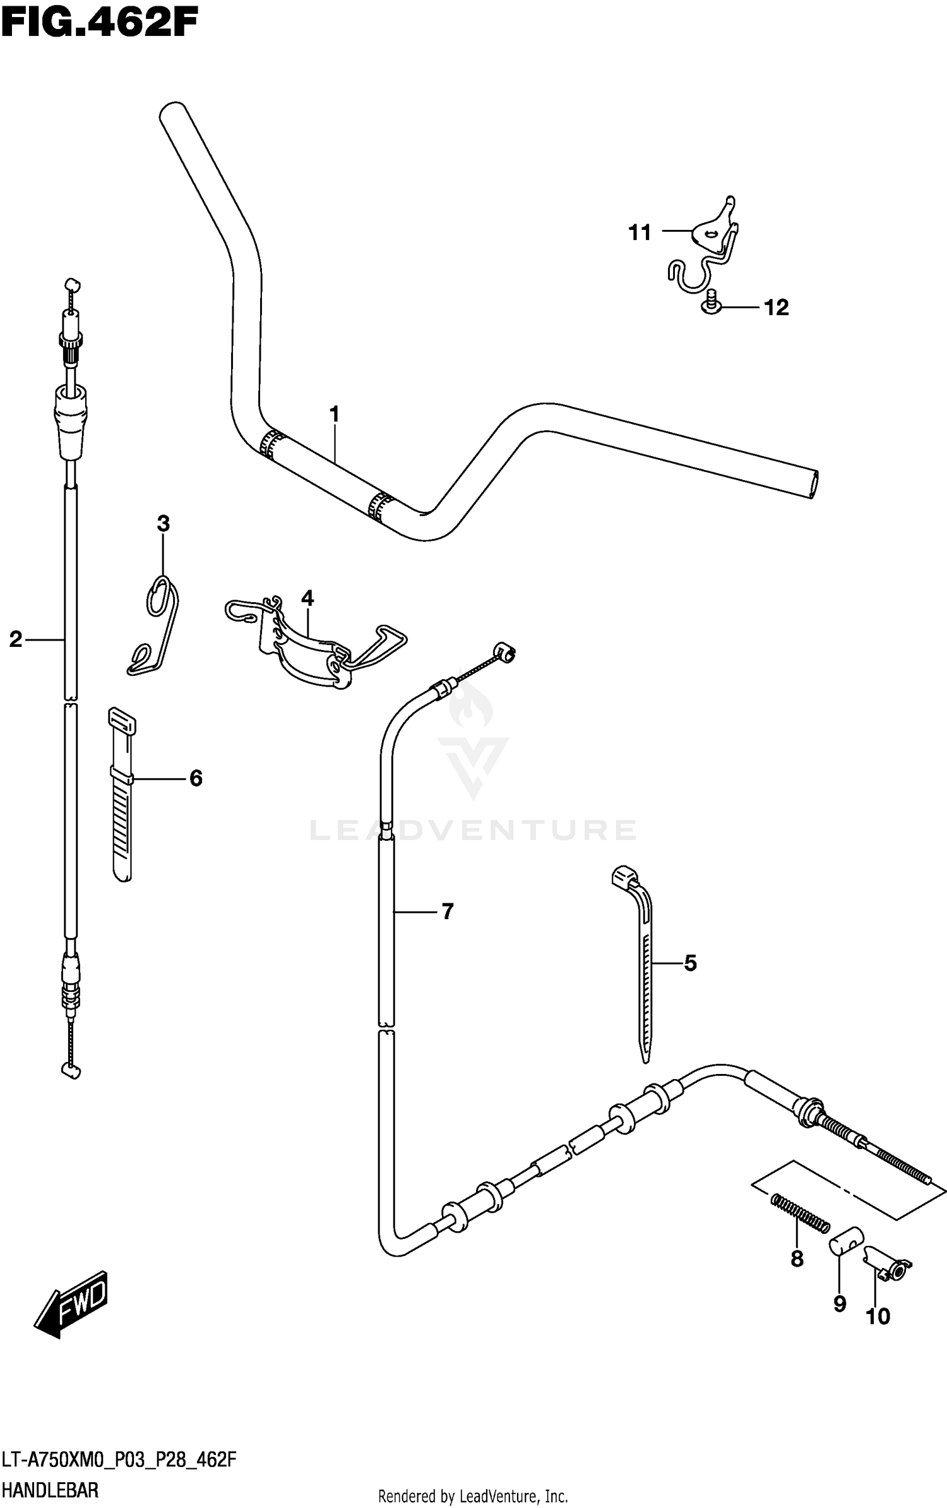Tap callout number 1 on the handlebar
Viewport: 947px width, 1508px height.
tap(334, 414)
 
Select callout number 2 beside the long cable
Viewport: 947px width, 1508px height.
tap(15, 639)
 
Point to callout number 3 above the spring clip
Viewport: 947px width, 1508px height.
tap(163, 523)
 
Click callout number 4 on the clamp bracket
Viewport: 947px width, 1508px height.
tap(307, 598)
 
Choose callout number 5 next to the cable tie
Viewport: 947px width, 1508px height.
tap(690, 963)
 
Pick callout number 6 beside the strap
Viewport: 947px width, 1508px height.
tap(196, 778)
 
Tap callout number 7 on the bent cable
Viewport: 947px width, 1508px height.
tap(447, 911)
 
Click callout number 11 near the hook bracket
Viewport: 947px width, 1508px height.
tap(640, 232)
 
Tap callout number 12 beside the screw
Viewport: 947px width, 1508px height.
tap(777, 308)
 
